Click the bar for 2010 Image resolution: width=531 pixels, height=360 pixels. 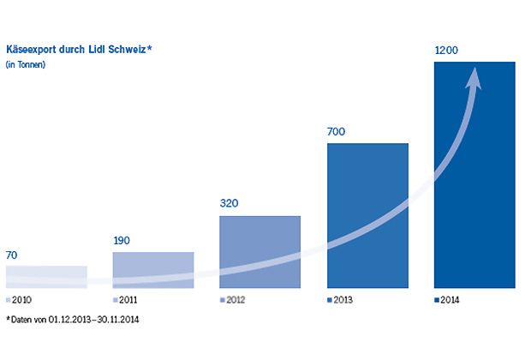[46, 276]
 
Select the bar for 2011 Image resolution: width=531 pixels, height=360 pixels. [153, 268]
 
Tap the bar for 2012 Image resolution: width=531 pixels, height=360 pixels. [260, 250]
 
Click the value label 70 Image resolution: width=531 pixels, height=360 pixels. [13, 255]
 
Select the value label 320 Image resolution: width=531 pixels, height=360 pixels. [230, 204]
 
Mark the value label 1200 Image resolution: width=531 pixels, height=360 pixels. [447, 51]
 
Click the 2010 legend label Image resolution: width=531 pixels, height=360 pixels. [21, 301]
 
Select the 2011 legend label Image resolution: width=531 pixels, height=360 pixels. [128, 301]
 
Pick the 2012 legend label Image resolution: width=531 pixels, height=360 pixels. [235, 301]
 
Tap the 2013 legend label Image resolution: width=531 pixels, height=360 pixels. [342, 301]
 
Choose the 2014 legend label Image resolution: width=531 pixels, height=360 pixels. [450, 301]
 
